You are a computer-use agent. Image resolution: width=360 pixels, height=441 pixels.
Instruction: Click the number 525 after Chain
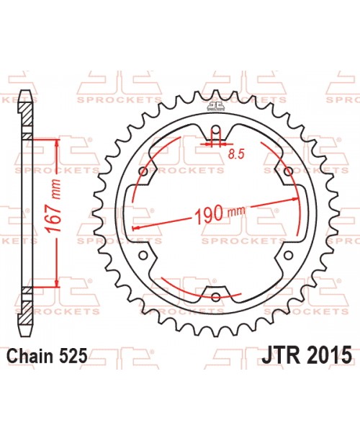point(75,355)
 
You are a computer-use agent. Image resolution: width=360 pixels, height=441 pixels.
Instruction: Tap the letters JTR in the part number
point(283,355)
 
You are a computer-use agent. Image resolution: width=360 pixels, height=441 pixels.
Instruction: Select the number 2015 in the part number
point(328,355)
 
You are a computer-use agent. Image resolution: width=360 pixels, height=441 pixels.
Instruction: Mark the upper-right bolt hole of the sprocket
point(288,171)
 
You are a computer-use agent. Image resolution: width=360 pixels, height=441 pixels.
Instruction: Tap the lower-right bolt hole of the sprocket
point(288,255)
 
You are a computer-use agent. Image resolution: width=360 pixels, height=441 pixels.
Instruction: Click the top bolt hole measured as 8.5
point(216,133)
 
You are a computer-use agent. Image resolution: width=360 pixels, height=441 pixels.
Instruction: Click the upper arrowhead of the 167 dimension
point(57,141)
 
